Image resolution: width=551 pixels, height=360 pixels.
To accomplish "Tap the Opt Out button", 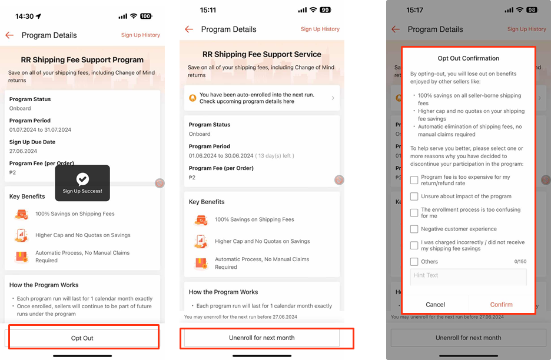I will (x=82, y=338).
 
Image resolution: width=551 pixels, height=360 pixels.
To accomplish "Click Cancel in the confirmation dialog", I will (x=435, y=304).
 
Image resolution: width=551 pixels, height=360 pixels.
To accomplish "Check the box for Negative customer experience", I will (x=414, y=229).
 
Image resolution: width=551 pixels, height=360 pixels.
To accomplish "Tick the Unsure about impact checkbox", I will (x=414, y=196).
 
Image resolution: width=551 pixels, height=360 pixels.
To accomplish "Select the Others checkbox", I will (x=414, y=261).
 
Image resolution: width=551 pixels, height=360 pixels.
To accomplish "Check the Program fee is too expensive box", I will (x=414, y=179).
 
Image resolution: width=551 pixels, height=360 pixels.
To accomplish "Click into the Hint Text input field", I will (x=468, y=276).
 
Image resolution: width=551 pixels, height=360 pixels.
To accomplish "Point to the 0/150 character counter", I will (x=520, y=261).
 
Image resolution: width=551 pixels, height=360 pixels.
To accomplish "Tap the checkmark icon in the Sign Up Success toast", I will (x=82, y=179).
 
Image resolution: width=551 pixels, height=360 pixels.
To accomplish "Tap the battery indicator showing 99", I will (x=324, y=10).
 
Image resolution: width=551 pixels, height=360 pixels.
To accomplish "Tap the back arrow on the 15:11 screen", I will (x=189, y=29).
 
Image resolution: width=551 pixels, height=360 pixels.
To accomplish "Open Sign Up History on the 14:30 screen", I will (x=141, y=35).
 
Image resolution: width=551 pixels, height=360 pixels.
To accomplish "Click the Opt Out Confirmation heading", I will (x=468, y=58).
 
